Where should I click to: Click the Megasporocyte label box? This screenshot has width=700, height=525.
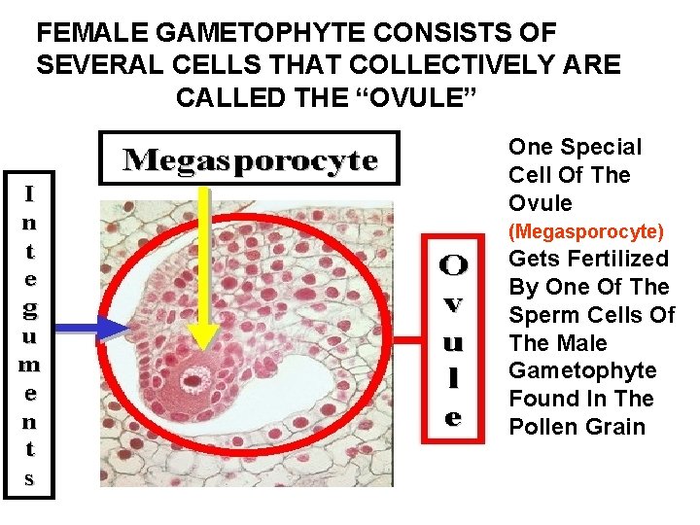(x=250, y=158)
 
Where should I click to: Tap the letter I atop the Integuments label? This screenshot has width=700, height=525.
(x=30, y=193)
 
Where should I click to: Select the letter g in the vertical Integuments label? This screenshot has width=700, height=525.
(x=30, y=309)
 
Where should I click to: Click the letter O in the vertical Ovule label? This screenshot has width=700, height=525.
(x=453, y=263)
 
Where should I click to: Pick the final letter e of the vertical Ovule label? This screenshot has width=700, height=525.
(x=453, y=419)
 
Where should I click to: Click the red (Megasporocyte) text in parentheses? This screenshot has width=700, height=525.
(x=587, y=231)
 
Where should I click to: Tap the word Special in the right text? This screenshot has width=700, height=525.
(x=603, y=148)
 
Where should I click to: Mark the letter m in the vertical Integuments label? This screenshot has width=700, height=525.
(x=30, y=366)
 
